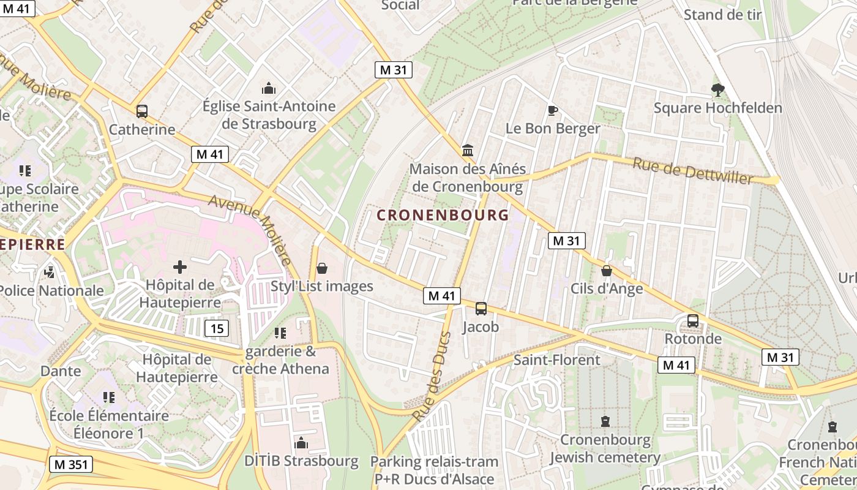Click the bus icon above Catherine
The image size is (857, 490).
pos(142,111)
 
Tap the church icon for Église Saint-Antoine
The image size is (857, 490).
pos(268,88)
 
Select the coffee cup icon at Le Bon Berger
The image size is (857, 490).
pos(552,110)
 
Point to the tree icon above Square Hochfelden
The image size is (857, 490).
pos(717,90)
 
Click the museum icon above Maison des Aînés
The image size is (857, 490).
pos(468,150)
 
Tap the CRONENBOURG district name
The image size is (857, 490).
pos(443,215)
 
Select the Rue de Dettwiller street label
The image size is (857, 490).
pos(692,170)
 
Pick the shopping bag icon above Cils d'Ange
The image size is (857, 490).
pos(607,270)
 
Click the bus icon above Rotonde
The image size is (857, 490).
pos(693,320)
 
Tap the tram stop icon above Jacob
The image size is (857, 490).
pos(481,308)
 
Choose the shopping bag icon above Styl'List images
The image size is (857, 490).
pos(322,268)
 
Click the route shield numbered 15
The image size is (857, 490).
pos(217,328)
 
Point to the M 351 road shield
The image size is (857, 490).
pos(70,464)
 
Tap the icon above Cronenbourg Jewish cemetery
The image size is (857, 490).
pos(605,421)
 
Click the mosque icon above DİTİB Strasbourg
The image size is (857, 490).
pos(301,443)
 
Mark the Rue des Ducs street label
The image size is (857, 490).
pos(432,376)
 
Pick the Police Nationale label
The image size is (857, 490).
pos(51,290)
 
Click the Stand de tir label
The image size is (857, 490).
pos(722,15)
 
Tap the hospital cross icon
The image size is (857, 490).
pos(180,266)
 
